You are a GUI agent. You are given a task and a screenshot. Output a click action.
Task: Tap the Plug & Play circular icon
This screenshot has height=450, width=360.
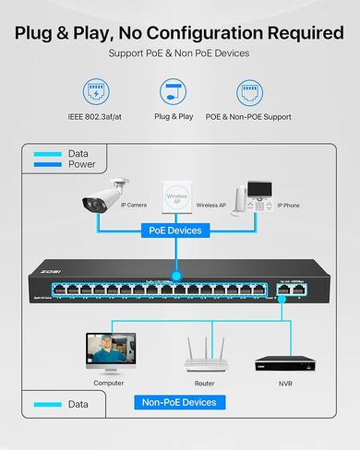click(173, 92)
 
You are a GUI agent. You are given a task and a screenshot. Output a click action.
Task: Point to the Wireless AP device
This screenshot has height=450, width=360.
click(180, 196)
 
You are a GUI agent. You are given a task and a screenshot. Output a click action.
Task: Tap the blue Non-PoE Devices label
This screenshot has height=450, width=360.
click(179, 402)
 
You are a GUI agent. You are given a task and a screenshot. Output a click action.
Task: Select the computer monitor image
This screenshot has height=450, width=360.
click(109, 351)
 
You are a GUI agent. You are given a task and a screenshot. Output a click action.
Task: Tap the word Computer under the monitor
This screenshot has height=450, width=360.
click(109, 382)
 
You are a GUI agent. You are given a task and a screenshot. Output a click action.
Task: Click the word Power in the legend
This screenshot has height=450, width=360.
click(82, 165)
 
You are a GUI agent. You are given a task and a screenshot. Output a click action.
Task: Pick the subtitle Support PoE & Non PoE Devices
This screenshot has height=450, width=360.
click(179, 53)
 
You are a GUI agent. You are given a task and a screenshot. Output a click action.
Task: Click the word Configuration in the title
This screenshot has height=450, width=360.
click(207, 32)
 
